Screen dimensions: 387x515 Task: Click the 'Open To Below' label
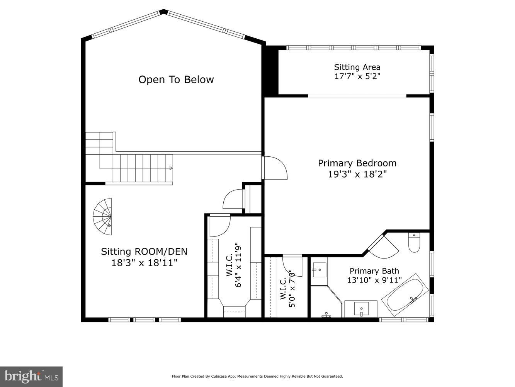[x=176, y=80]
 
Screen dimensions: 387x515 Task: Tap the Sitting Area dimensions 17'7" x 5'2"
[x=357, y=76]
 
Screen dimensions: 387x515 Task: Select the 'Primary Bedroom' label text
[x=357, y=163]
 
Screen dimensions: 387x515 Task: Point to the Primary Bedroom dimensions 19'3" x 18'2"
[x=357, y=174]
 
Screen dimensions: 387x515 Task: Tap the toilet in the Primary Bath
[x=414, y=243]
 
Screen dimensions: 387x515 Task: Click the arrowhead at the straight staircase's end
[x=171, y=168]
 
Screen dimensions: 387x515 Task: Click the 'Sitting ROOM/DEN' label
[x=144, y=252]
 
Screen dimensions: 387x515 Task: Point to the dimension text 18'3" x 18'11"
[x=144, y=263]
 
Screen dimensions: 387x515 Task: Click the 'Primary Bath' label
[x=374, y=271]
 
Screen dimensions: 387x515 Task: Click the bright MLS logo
[x=31, y=376]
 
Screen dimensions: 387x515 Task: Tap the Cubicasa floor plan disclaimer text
[x=257, y=376]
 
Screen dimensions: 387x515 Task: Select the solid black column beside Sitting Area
[x=271, y=71]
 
